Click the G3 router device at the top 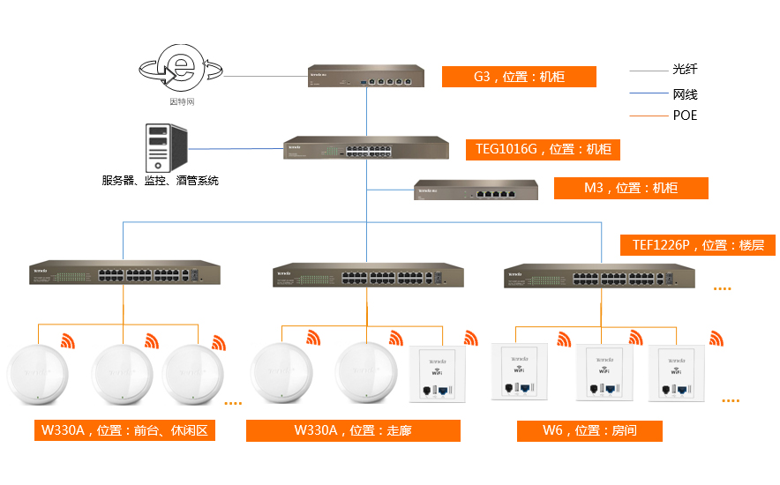pyautogui.click(x=366, y=76)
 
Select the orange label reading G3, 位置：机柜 pyautogui.click(x=519, y=77)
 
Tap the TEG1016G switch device pyautogui.click(x=365, y=148)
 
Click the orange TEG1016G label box pyautogui.click(x=543, y=149)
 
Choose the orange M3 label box pyautogui.click(x=631, y=188)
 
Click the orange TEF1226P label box pyautogui.click(x=697, y=244)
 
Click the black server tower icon pyautogui.click(x=165, y=147)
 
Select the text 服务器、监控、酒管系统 pyautogui.click(x=160, y=181)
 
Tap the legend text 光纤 pyautogui.click(x=685, y=69)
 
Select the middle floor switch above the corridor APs pyautogui.click(x=367, y=275)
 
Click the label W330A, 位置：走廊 pyautogui.click(x=353, y=430)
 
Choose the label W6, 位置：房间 pyautogui.click(x=589, y=430)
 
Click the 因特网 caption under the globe pyautogui.click(x=182, y=102)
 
